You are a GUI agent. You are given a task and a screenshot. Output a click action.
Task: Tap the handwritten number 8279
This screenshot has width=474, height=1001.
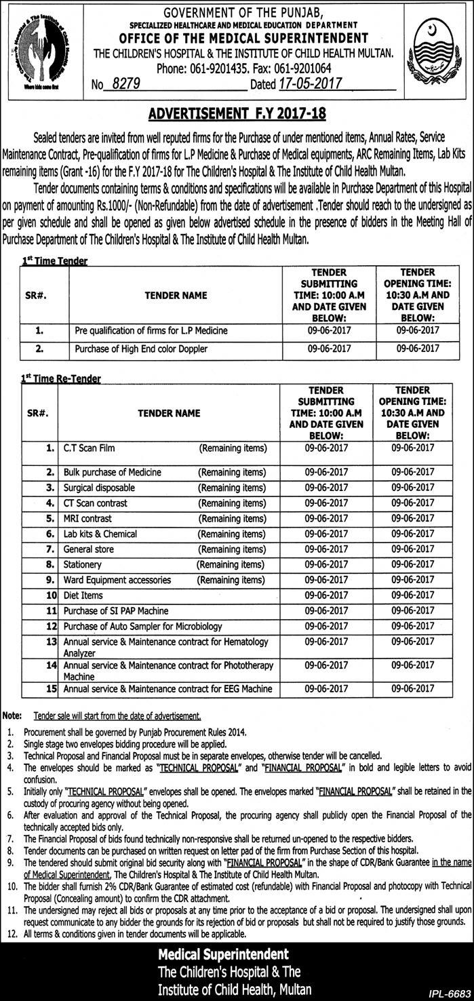[125, 83]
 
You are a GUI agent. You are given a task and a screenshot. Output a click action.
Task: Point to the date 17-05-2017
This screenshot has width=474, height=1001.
[309, 83]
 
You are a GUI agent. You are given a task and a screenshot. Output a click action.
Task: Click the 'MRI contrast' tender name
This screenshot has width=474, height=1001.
[88, 518]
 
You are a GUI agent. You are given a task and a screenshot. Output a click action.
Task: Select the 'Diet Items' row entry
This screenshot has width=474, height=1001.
[83, 595]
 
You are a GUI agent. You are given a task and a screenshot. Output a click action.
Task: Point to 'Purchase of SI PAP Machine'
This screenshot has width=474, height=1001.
[116, 610]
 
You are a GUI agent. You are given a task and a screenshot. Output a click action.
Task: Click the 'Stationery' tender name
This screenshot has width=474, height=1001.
[82, 564]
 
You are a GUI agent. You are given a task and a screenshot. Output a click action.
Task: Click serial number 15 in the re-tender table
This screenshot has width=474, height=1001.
[50, 688]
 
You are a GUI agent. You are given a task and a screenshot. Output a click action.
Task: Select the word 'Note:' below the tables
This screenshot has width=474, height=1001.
[12, 715]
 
